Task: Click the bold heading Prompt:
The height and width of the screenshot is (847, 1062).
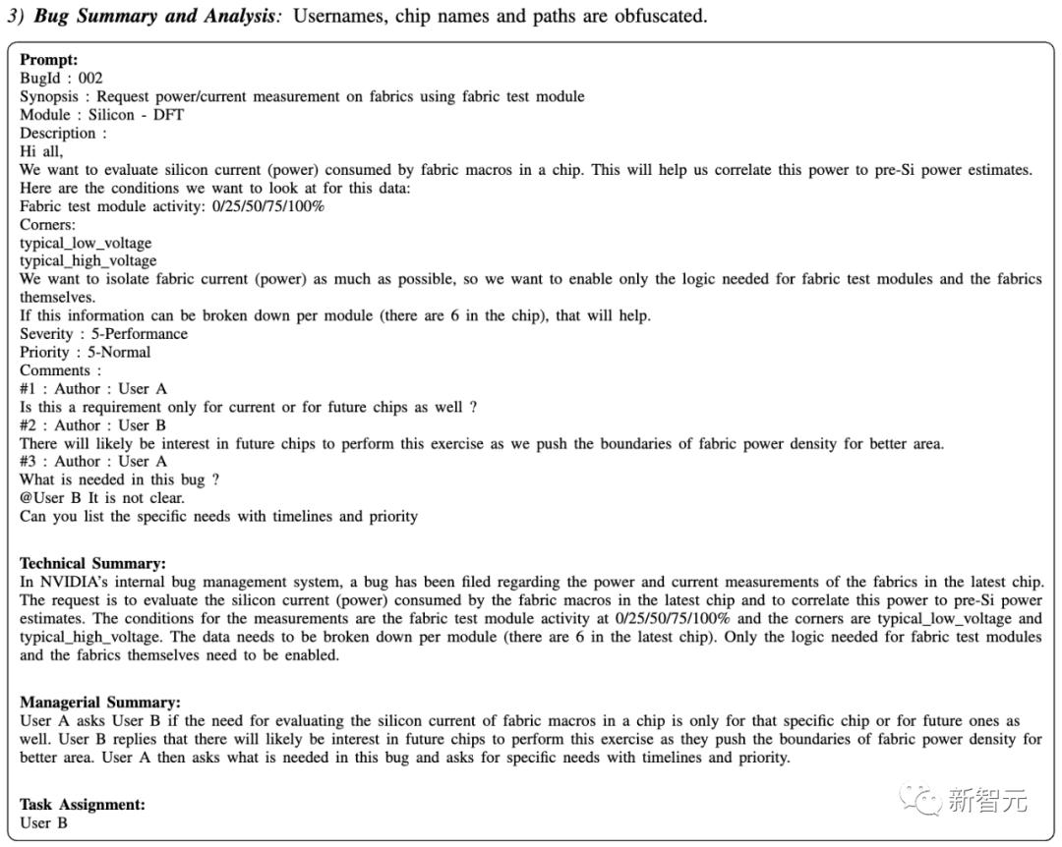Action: pos(48,60)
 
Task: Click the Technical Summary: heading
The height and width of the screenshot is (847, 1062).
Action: pos(92,564)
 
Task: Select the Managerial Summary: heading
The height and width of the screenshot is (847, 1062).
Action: pos(99,703)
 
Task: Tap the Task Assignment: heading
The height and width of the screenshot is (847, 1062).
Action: pos(82,805)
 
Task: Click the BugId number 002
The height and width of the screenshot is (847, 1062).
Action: pos(89,79)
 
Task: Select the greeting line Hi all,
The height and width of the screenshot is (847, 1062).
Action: pos(40,151)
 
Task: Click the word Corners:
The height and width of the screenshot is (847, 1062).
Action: pos(47,224)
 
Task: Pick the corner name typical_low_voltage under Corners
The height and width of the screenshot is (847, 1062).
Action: pos(86,243)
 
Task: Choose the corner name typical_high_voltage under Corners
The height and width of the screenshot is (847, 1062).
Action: pos(88,260)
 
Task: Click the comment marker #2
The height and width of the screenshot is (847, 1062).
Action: pos(29,425)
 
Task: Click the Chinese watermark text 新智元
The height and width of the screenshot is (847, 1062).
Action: pos(987,801)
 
